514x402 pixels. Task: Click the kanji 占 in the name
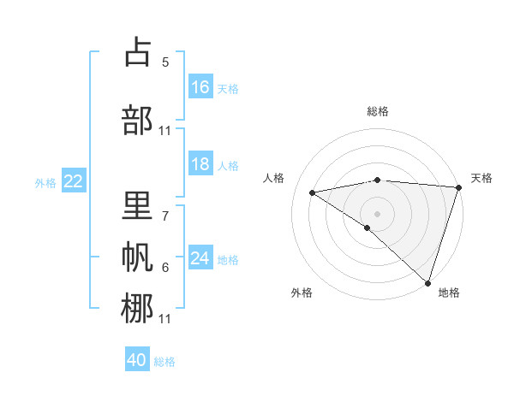[x=137, y=53]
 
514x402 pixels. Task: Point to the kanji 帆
[x=137, y=257]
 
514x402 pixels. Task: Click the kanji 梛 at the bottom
[x=137, y=308]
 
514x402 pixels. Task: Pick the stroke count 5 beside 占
[x=165, y=62]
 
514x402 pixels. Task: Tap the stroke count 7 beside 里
[x=165, y=208]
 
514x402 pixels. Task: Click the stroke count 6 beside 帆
[x=165, y=267]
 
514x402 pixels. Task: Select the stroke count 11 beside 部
[x=165, y=130]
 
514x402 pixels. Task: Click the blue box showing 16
[x=200, y=87]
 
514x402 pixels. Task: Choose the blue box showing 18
[x=200, y=165]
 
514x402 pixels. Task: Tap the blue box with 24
[x=200, y=258]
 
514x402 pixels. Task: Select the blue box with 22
[x=74, y=181]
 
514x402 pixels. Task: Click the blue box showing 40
[x=137, y=361]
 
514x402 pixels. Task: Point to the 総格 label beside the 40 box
[x=164, y=362]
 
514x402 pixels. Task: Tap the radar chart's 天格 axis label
[x=481, y=178]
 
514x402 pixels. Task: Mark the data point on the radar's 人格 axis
[x=313, y=192]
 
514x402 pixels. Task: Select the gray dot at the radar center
[x=377, y=213]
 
